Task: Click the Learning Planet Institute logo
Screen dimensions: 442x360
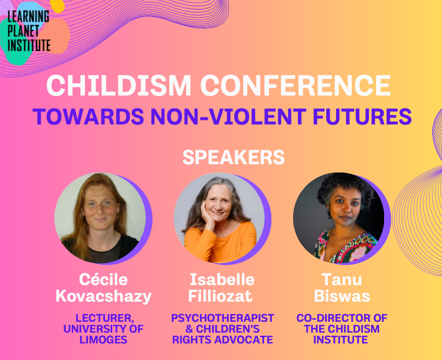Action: point(28,31)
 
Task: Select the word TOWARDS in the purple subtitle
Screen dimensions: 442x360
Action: point(88,116)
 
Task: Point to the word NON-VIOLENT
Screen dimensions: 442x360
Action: point(228,116)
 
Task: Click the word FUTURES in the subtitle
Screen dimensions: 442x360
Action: point(362,116)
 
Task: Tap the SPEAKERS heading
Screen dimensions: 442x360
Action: point(234,157)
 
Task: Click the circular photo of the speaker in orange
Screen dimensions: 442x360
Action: point(219,218)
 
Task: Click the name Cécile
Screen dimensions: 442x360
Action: point(103,280)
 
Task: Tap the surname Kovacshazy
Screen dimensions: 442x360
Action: point(103,296)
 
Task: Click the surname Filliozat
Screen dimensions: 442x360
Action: point(220,296)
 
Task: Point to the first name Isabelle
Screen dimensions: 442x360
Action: point(222,280)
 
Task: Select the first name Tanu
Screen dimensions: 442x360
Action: point(342,280)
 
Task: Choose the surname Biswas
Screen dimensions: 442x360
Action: point(342,296)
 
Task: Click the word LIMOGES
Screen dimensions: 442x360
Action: point(103,340)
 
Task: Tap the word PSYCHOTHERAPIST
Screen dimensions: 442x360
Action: point(222,318)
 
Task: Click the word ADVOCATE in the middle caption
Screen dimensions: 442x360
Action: point(244,340)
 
